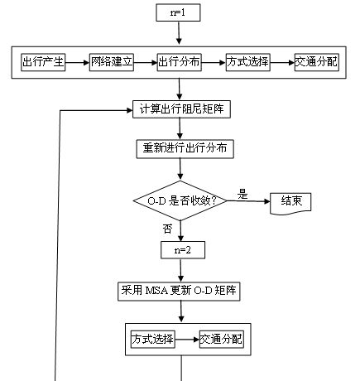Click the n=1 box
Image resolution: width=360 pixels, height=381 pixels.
pos(178,12)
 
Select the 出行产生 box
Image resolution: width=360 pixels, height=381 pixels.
pos(43,62)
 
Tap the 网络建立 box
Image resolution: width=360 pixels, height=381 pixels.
pos(112,62)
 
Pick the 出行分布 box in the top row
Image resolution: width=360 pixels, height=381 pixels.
pos(180,62)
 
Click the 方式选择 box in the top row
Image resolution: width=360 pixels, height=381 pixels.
pos(248,62)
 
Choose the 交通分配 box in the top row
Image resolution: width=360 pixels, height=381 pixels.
pos(317,62)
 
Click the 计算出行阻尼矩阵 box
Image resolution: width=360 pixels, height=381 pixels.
pos(181,109)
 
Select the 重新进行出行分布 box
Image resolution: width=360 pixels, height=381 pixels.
pos(185,149)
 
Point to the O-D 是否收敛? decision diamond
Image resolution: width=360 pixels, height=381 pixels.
pos(180,200)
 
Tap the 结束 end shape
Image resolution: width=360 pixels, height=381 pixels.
pos(290,204)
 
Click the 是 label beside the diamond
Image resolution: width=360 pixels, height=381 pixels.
pos(242,195)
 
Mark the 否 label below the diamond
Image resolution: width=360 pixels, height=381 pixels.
pos(167,229)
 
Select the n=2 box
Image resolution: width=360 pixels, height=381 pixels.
pos(183,250)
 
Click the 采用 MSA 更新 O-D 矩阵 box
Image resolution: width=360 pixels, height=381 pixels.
pos(179,292)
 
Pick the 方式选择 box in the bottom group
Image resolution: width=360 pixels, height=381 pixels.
pos(153,340)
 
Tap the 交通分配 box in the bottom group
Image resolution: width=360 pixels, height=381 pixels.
pos(222,340)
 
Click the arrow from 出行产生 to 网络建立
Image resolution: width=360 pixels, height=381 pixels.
pos(78,63)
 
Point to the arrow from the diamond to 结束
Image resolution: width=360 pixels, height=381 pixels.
pos(248,201)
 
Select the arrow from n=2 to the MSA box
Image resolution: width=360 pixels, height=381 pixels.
pos(181,271)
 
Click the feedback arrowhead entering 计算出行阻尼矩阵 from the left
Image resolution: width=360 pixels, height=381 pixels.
pos(129,110)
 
